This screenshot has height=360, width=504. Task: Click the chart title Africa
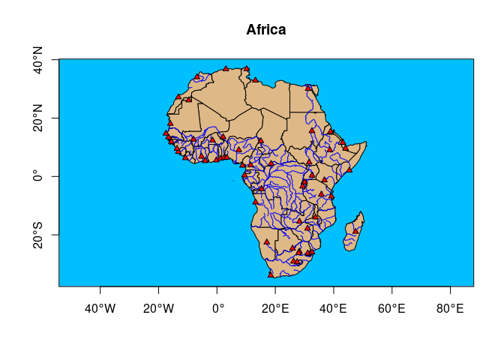point(266,31)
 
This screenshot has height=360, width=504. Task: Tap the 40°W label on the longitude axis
point(100,307)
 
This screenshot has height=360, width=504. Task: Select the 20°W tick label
point(158,307)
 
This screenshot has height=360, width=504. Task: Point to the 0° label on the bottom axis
point(217,307)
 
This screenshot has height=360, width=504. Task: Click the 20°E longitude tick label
point(275,307)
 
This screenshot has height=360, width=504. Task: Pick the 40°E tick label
point(334,307)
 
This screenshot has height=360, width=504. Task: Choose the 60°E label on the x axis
point(391,307)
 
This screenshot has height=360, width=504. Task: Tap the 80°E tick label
point(450,307)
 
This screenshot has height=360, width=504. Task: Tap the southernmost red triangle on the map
point(271,274)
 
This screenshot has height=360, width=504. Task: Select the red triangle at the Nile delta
point(307,87)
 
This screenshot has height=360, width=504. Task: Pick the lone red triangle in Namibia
point(266,241)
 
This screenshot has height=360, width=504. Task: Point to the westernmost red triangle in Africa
point(166,133)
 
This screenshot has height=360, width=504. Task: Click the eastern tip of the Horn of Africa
point(365,142)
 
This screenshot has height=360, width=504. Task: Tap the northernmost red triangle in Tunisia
point(246,68)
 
